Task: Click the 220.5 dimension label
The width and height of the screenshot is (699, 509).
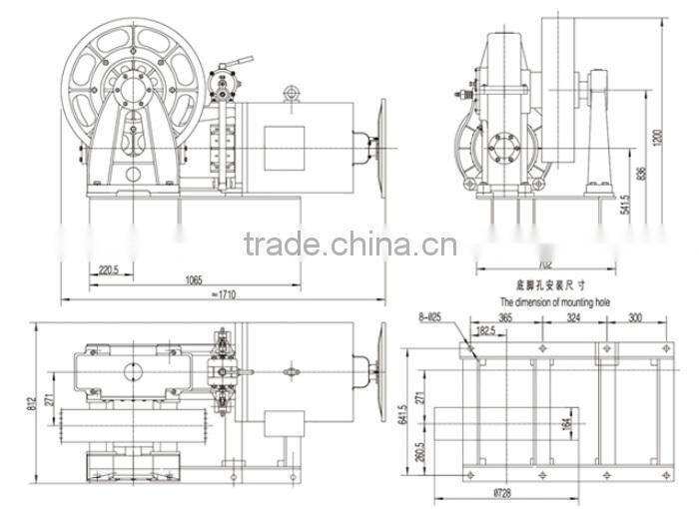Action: [x=110, y=268]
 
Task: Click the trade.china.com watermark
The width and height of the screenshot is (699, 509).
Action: [x=349, y=245]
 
